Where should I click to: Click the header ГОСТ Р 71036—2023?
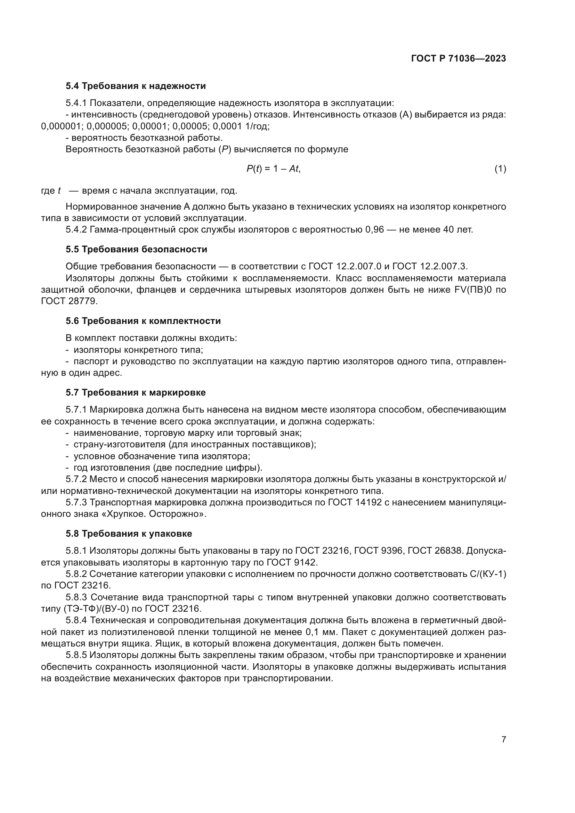pyautogui.click(x=459, y=59)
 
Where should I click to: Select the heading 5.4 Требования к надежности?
pyautogui.click(x=136, y=86)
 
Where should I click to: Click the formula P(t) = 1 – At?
pyautogui.click(x=273, y=169)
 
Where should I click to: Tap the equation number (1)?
pyautogui.click(x=500, y=169)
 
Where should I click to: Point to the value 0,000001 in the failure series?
pyautogui.click(x=61, y=126)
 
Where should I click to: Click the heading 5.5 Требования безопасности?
pyautogui.click(x=136, y=249)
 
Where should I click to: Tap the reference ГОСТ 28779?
pyautogui.click(x=69, y=301)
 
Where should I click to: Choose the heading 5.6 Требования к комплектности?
pyautogui.click(x=143, y=321)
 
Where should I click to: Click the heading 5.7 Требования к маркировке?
pyautogui.click(x=136, y=392)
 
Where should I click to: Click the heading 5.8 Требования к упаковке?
pyautogui.click(x=129, y=534)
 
